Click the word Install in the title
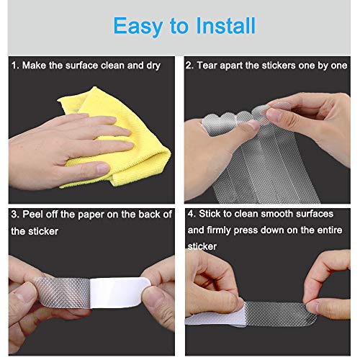pyautogui.click(x=220, y=26)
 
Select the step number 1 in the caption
pyautogui.click(x=14, y=66)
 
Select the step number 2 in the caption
pyautogui.click(x=189, y=66)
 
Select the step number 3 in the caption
pyautogui.click(x=14, y=215)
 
